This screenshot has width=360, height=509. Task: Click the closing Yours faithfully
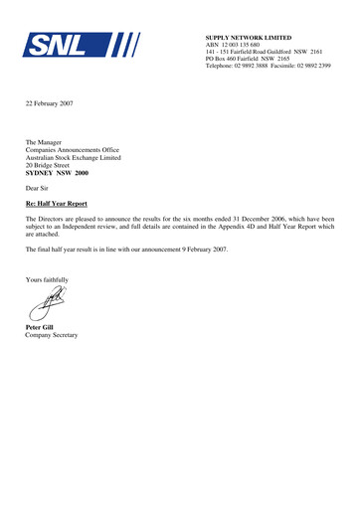[51, 281]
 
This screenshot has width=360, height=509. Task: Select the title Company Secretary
[52, 335]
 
